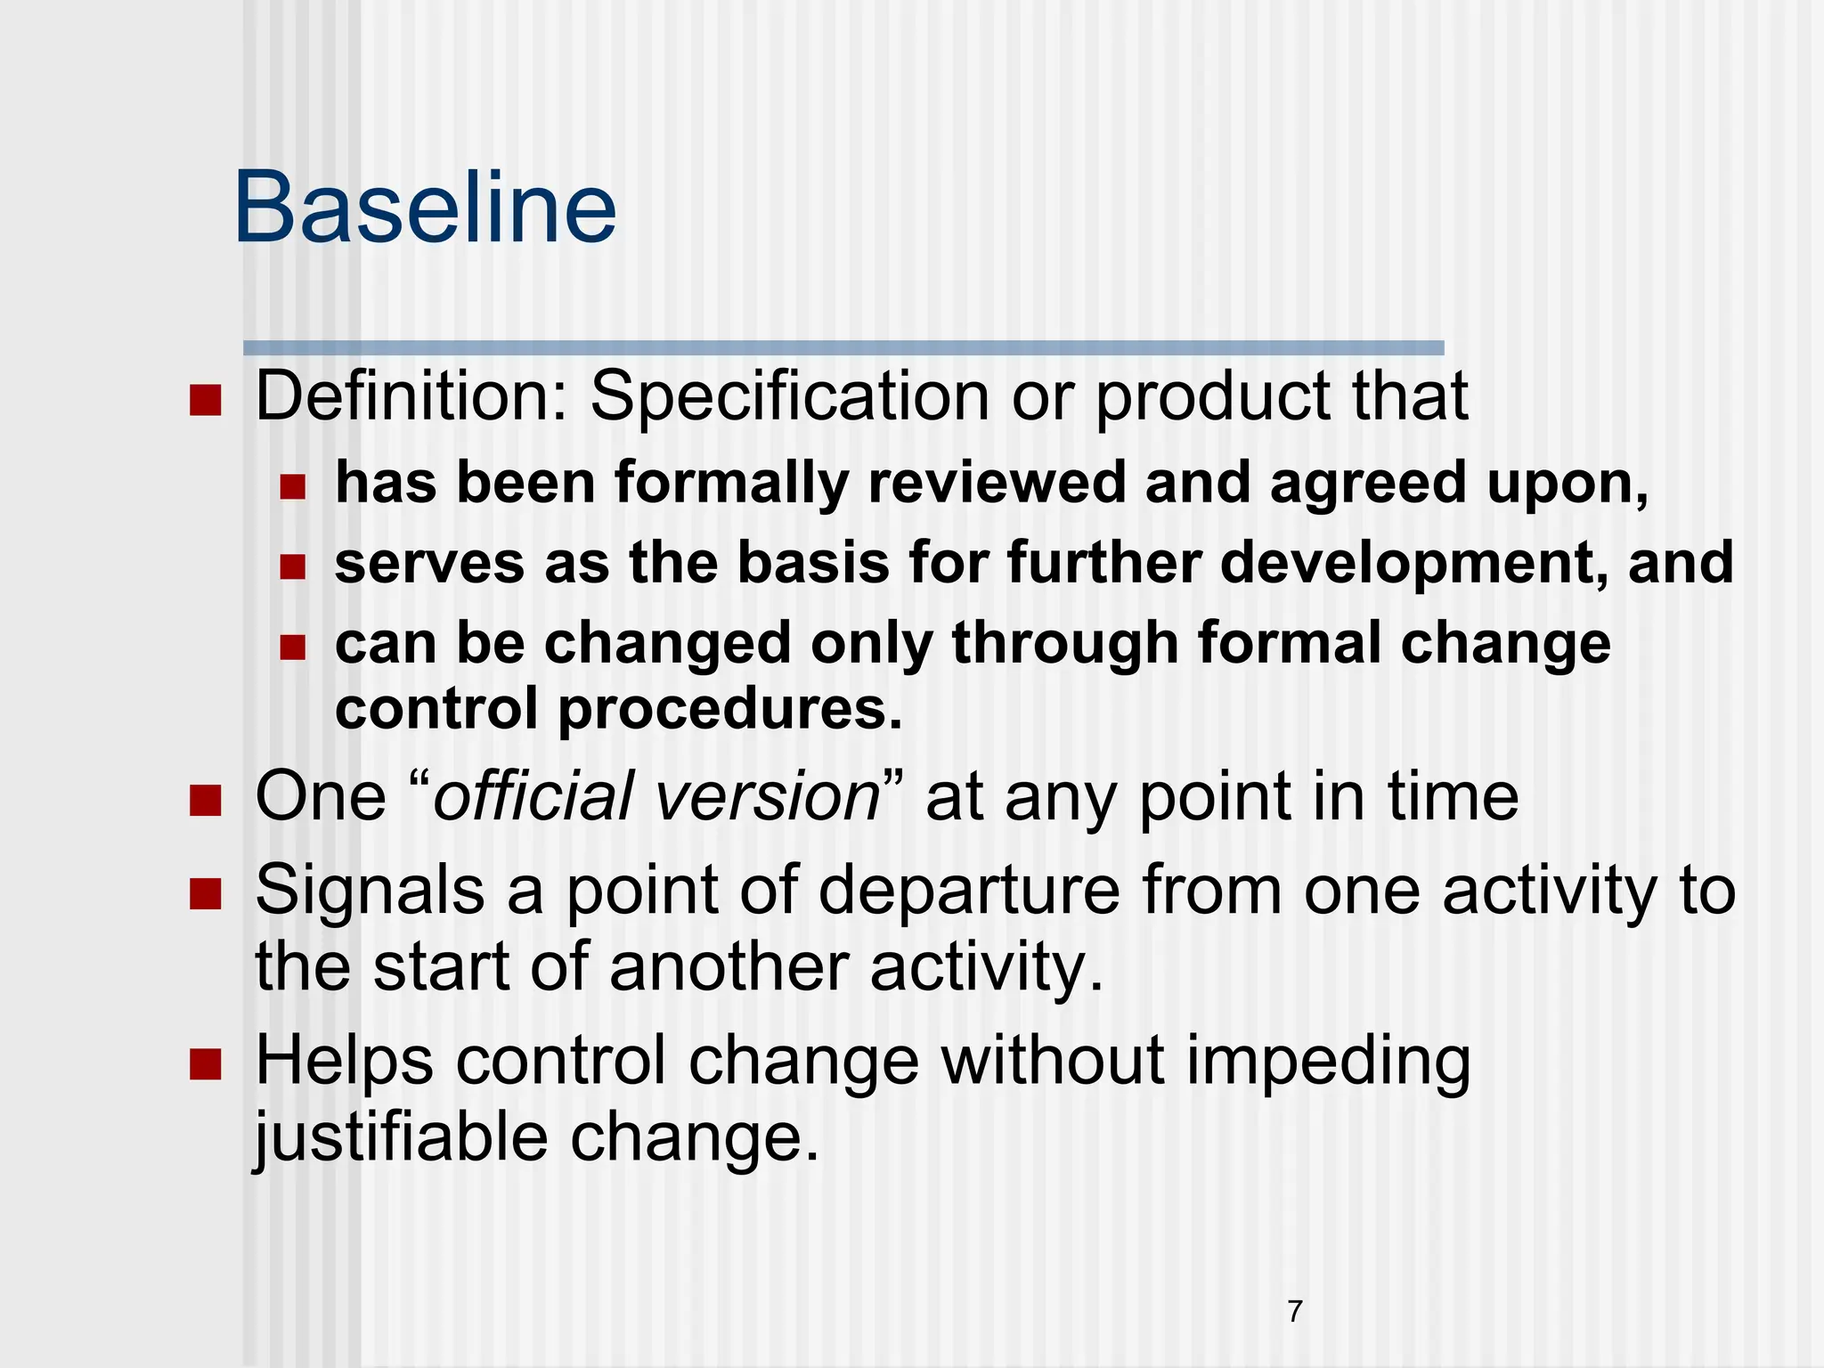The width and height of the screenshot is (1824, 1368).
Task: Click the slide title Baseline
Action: tap(425, 208)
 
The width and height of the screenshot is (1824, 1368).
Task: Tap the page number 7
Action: tap(1295, 1311)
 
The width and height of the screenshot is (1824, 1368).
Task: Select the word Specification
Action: tap(789, 398)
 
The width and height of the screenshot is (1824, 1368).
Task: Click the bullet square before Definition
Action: tap(205, 401)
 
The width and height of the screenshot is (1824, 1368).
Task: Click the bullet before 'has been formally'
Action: tap(292, 486)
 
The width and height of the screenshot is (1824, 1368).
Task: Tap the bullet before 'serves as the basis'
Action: tap(292, 566)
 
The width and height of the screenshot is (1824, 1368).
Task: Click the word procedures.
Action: tap(730, 709)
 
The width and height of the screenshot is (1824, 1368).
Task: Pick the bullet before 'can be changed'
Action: tap(292, 647)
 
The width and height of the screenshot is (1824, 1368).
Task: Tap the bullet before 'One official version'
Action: tap(205, 800)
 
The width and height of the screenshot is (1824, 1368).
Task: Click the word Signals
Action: tap(370, 890)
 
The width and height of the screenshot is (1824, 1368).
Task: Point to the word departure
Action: tap(969, 892)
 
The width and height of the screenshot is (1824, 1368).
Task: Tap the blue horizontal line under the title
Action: tap(843, 347)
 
